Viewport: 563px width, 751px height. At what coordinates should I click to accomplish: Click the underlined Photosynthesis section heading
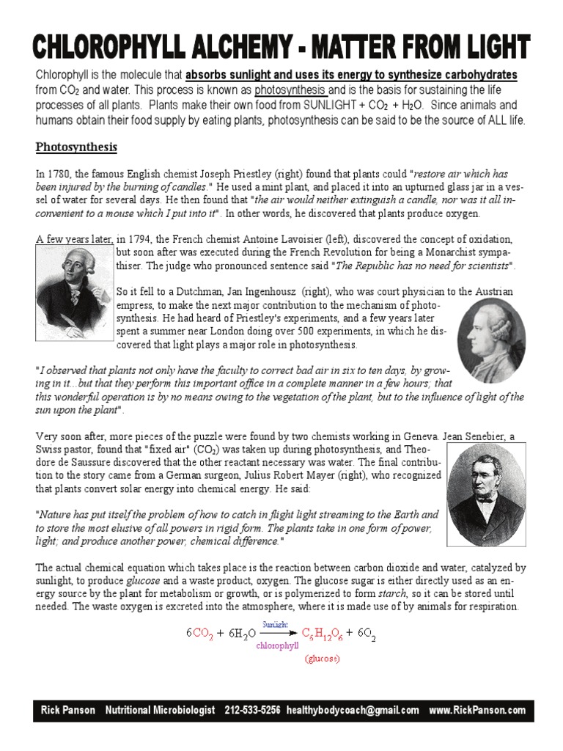click(76, 147)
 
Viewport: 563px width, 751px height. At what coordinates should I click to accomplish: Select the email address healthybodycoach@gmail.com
click(353, 710)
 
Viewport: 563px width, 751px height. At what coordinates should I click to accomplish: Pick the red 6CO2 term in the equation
click(200, 633)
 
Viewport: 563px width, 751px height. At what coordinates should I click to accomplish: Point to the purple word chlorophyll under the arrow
click(278, 646)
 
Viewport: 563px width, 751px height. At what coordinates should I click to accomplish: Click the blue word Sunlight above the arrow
click(279, 623)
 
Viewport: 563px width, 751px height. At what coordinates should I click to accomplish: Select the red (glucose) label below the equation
click(323, 659)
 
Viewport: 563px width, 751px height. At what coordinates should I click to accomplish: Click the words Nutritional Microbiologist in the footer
click(161, 710)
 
